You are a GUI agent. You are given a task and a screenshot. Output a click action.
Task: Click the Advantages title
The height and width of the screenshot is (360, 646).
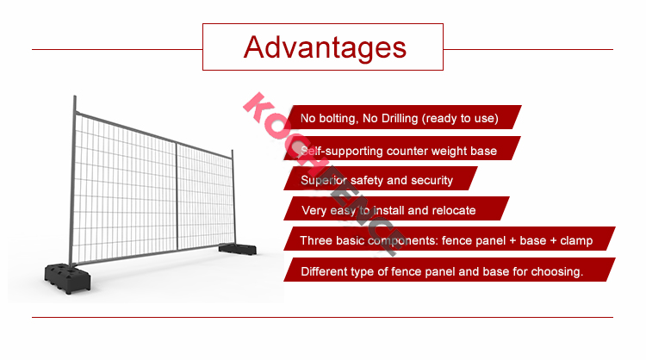(x=325, y=47)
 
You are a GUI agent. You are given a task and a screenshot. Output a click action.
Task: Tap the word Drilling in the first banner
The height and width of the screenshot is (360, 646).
(x=400, y=118)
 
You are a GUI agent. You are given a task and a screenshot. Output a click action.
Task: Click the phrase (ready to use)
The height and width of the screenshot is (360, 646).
(x=460, y=119)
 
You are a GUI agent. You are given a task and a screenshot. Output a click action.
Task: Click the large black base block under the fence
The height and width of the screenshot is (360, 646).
(x=67, y=277)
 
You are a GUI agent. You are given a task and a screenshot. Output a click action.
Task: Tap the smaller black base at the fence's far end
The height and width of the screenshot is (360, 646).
(x=238, y=248)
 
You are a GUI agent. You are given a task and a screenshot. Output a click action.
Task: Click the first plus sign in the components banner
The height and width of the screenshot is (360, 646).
(x=512, y=241)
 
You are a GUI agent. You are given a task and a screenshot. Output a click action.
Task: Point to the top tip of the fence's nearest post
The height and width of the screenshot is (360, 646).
(x=75, y=96)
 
